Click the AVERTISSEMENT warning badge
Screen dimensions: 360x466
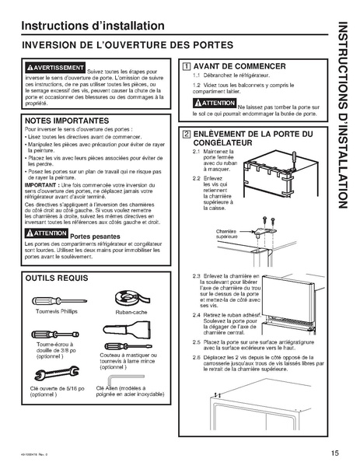[54, 68]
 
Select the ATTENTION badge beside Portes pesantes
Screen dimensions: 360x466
[47, 234]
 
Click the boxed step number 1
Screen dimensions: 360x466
[183, 66]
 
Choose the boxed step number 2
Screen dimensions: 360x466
[183, 134]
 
